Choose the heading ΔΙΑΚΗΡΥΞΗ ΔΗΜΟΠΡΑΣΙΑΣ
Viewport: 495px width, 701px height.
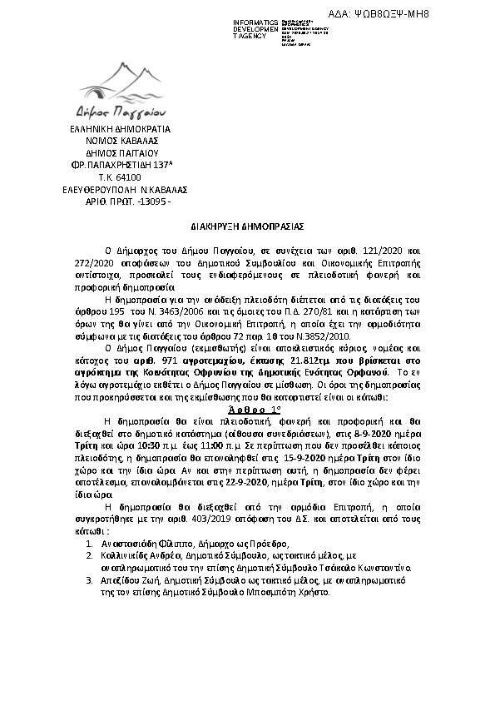(x=246, y=225)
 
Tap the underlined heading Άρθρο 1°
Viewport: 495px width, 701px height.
(x=247, y=410)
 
